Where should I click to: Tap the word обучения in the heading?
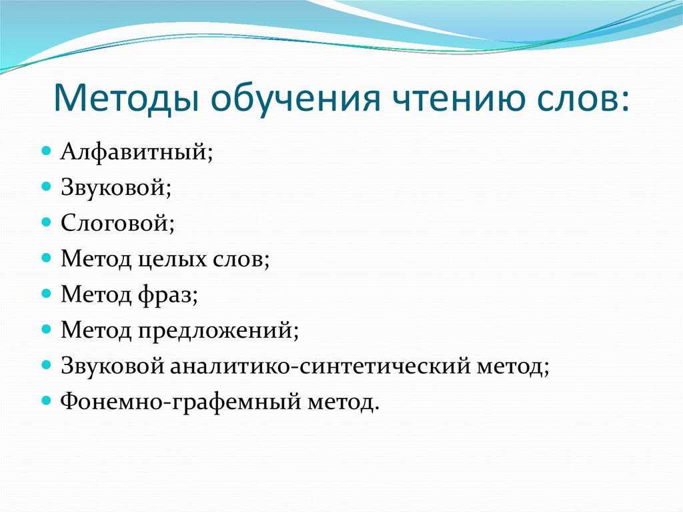(295, 100)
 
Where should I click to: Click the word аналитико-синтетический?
(320, 366)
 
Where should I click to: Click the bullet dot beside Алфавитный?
(46, 152)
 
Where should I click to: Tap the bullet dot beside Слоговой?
(46, 222)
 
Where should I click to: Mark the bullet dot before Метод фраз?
(46, 293)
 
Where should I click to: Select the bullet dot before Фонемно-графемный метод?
(46, 400)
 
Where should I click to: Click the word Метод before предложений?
(96, 330)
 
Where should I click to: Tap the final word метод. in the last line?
(344, 403)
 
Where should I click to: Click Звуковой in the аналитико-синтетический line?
(112, 366)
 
